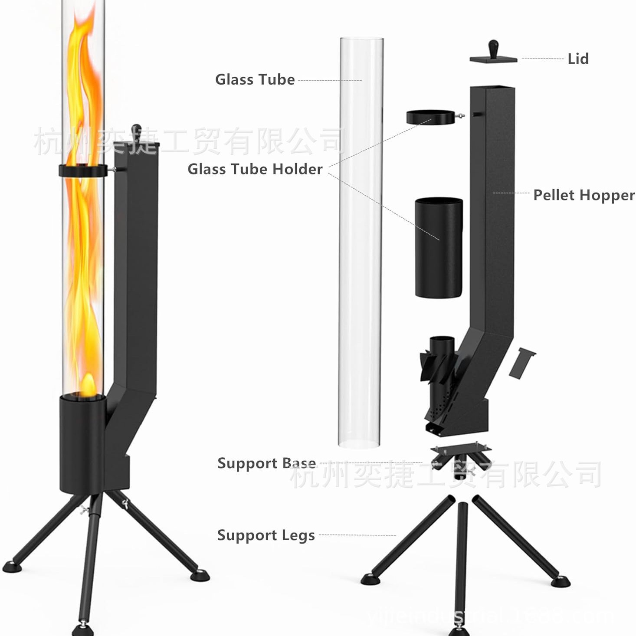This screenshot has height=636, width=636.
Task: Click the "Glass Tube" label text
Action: click(255, 79)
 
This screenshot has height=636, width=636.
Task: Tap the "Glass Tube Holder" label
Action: click(255, 169)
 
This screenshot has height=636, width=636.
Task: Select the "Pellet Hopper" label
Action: click(584, 195)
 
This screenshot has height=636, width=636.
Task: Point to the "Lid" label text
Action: click(578, 59)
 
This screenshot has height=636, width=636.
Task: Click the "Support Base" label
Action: click(266, 463)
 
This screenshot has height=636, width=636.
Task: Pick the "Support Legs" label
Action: click(266, 535)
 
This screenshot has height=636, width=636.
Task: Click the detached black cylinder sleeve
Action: click(439, 248)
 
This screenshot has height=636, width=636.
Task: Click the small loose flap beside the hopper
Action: click(521, 362)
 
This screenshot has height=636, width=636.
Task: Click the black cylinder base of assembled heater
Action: click(82, 443)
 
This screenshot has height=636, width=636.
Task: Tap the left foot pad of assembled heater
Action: click(10, 566)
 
